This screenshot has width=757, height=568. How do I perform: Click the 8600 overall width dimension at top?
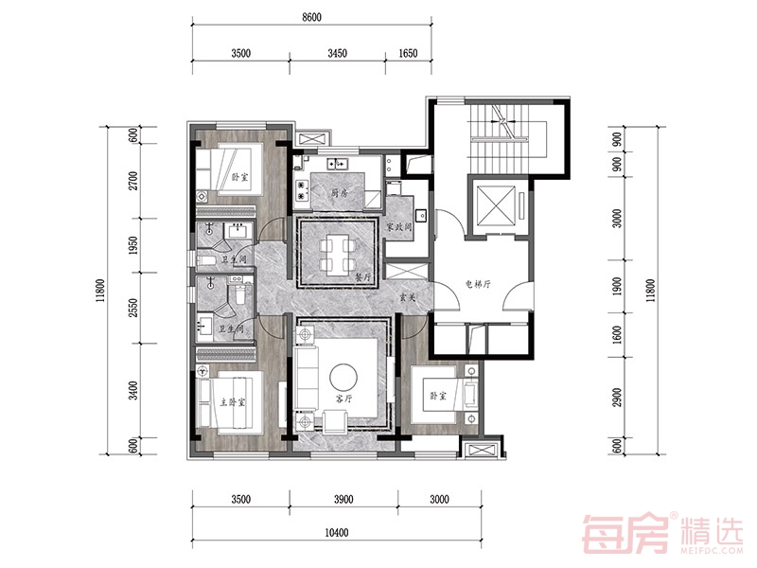click(x=311, y=17)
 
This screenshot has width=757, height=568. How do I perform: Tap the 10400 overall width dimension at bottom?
click(x=336, y=533)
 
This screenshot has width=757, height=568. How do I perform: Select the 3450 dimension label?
click(x=338, y=53)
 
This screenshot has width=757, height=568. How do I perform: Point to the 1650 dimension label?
click(x=408, y=53)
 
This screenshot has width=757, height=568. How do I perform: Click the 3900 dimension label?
click(x=343, y=499)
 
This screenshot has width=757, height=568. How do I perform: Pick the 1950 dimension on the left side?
click(x=133, y=245)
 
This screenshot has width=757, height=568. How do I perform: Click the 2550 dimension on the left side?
click(x=133, y=308)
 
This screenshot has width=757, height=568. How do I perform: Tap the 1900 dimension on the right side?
click(x=617, y=286)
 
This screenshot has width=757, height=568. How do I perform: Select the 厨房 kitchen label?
click(x=340, y=193)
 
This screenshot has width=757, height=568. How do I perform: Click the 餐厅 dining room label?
click(x=362, y=277)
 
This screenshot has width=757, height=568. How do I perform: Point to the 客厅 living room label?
click(x=343, y=399)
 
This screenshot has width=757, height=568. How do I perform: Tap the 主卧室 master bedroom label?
click(x=233, y=401)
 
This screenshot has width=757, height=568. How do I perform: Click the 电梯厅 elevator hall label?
click(x=478, y=284)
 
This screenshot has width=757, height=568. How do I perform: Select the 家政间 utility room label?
click(x=399, y=226)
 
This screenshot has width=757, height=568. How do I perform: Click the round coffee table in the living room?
click(x=343, y=376)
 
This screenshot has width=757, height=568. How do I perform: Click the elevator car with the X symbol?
click(x=496, y=204)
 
